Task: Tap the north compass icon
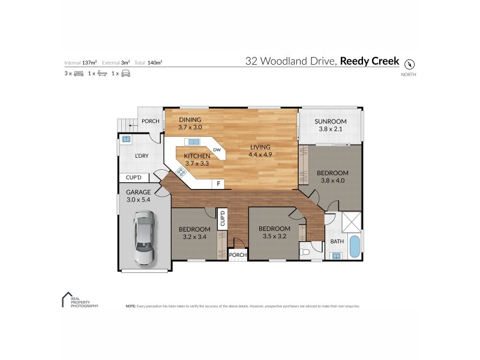coord(410,64)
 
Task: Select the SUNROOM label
coord(331,124)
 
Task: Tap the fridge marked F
coord(218,183)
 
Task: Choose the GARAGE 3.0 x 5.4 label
coord(138,196)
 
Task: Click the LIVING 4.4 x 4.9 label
coord(259,151)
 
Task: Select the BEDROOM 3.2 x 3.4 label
coord(194,233)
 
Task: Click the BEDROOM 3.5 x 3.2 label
coord(274,232)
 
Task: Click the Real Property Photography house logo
coord(67,299)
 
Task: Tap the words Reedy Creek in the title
coord(370,61)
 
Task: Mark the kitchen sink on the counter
coord(193,142)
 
